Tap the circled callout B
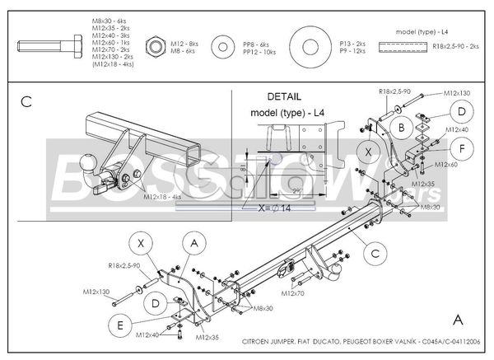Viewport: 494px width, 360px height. coord(401,127)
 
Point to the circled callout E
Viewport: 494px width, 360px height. coord(121,325)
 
